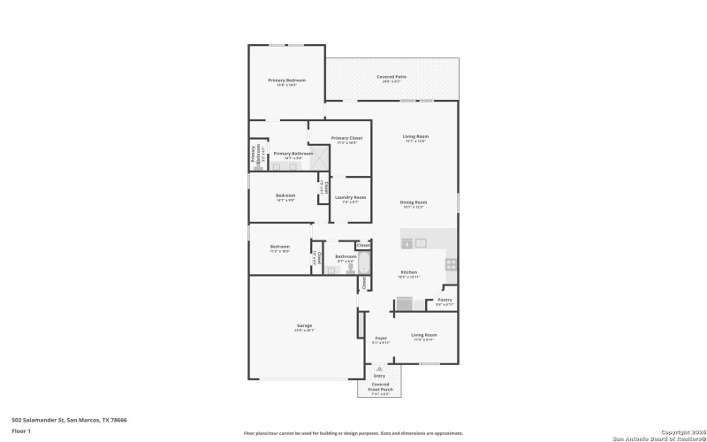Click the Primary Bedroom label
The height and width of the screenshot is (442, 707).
[281, 80]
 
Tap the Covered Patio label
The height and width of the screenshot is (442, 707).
[391, 77]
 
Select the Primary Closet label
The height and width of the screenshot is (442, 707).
[346, 139]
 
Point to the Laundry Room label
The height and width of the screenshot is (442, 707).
[350, 199]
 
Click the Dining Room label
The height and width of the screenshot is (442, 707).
[414, 203]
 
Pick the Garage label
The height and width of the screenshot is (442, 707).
[304, 326]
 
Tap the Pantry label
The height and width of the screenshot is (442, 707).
[444, 301]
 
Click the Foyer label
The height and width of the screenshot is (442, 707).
[381, 339]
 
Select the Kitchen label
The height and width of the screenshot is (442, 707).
[408, 273]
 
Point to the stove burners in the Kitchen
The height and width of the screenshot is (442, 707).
[451, 263]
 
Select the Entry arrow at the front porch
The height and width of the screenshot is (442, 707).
[380, 368]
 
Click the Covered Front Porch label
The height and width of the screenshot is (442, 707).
[380, 388]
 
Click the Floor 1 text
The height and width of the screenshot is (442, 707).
[21, 431]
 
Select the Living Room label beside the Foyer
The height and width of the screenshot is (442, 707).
[424, 336]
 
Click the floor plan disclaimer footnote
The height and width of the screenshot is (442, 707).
[353, 434]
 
